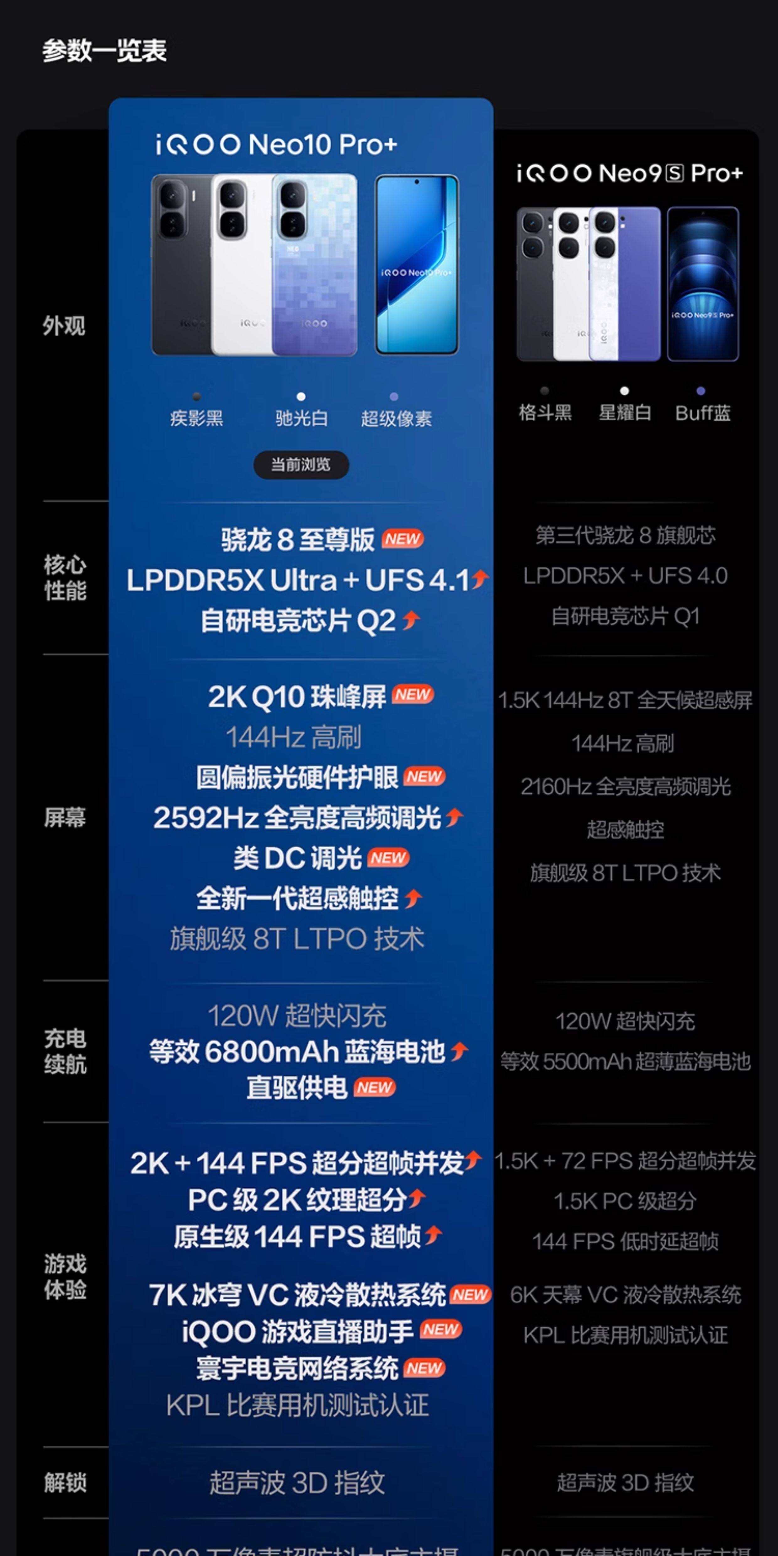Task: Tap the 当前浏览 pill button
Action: click(301, 465)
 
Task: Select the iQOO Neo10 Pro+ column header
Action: click(276, 144)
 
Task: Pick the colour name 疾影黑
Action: click(196, 418)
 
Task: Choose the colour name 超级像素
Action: click(396, 418)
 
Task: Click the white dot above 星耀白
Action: click(625, 391)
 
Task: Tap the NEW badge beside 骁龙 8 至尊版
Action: click(403, 539)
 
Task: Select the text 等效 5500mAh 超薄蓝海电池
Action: click(625, 1061)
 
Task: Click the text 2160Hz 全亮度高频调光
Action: click(625, 786)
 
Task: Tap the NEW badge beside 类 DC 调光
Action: click(389, 858)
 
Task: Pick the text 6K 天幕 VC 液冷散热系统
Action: click(625, 1294)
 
